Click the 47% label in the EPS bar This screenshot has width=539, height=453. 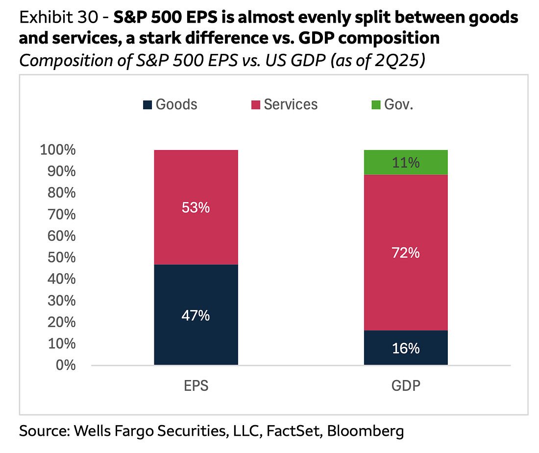tap(196, 316)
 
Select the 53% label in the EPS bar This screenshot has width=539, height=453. tap(196, 208)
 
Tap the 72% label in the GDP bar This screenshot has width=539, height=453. tap(406, 253)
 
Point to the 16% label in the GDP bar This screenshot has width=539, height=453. tap(406, 348)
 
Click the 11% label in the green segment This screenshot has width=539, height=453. tap(406, 163)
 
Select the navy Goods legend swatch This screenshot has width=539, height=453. tap(147, 104)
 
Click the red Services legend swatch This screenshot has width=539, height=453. tap(255, 104)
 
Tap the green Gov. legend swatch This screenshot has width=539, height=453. tap(375, 104)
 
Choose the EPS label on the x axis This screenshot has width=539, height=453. tap(196, 385)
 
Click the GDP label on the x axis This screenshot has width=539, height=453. tap(406, 385)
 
